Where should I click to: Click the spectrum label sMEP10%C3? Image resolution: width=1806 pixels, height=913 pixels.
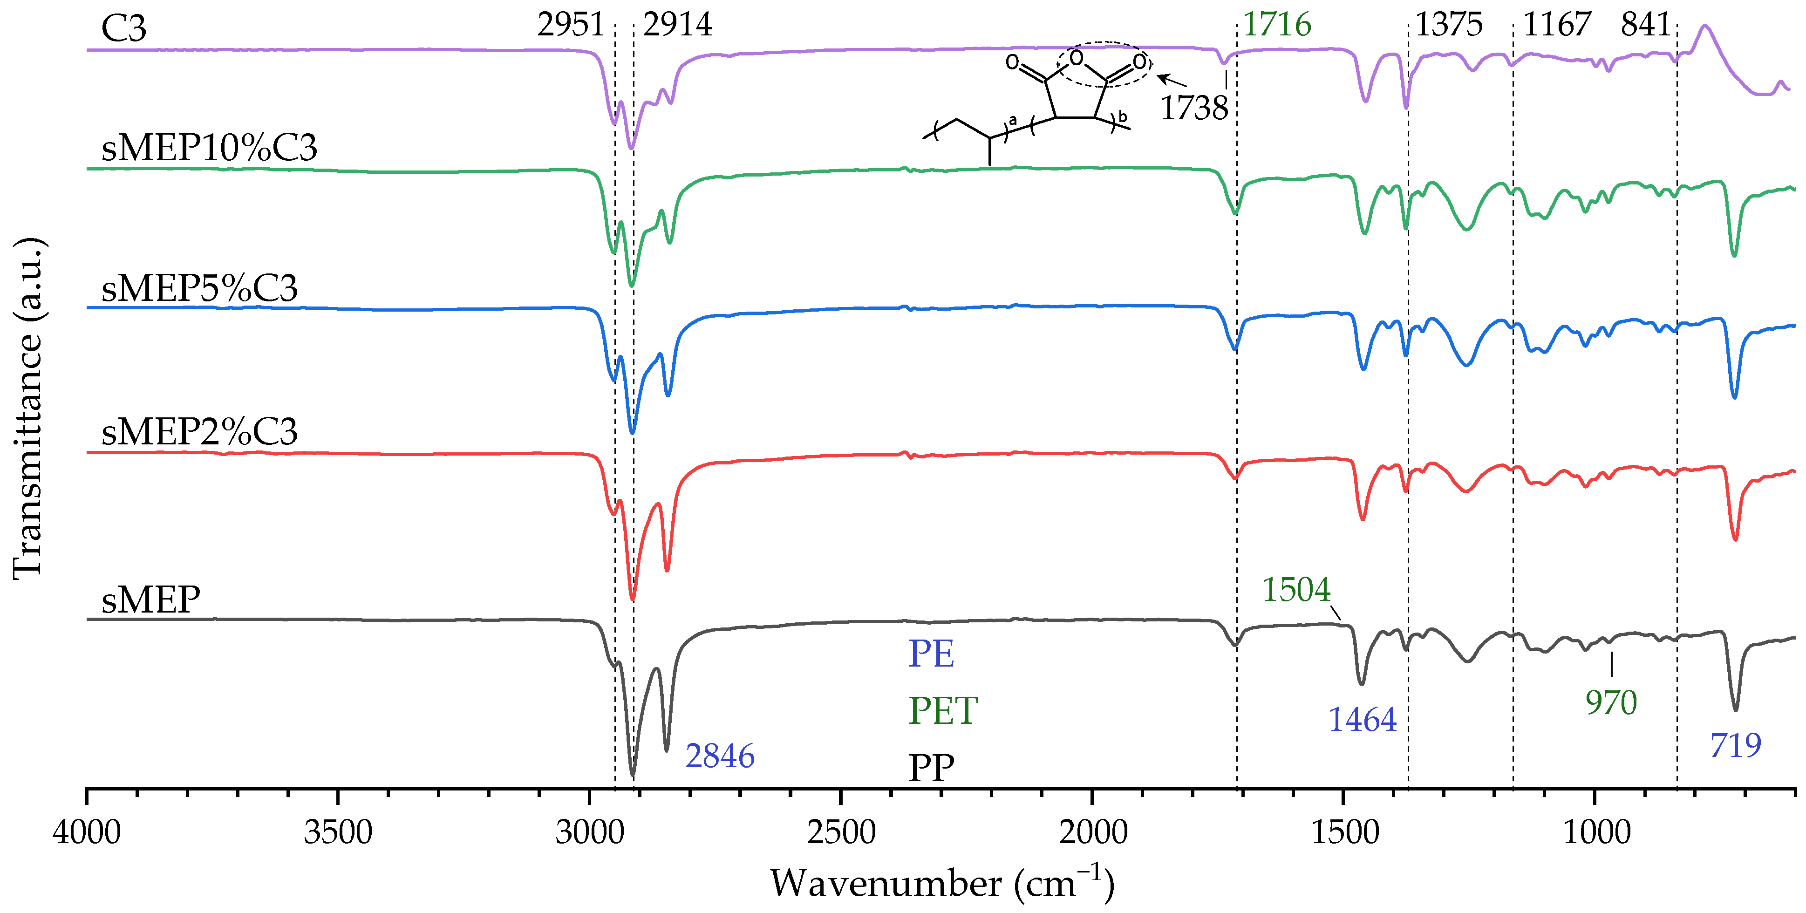tap(209, 148)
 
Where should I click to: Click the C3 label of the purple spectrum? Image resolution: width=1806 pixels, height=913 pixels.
tap(123, 29)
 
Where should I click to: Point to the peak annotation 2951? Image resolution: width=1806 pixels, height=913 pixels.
tap(571, 25)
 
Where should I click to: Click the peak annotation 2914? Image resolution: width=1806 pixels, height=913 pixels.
tap(677, 25)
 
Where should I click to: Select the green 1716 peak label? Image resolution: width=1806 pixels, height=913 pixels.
tap(1277, 25)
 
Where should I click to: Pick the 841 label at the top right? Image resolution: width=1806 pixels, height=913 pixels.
tap(1645, 25)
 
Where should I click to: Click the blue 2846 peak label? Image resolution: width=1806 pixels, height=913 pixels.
tap(720, 756)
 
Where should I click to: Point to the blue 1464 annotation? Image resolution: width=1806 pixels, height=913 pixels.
tap(1362, 720)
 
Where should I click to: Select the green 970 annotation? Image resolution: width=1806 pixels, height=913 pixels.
tap(1611, 702)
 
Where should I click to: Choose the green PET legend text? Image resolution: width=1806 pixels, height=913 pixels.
tap(942, 711)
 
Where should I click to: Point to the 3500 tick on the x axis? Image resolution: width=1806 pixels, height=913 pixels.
tap(338, 832)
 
